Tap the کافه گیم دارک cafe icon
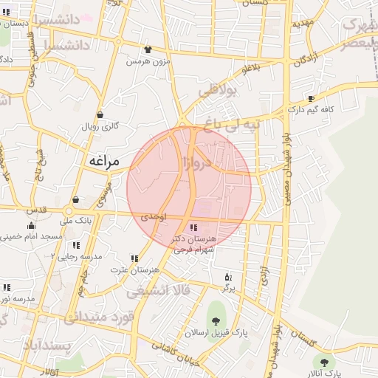[311, 98]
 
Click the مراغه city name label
[103, 160]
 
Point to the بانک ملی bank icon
[75, 200]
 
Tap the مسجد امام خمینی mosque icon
[31, 226]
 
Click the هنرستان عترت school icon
[134, 258]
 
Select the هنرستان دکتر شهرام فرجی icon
[194, 227]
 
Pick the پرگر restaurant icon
[227, 277]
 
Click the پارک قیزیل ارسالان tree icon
[216, 320]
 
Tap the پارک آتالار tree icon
[324, 362]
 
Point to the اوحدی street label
[154, 217]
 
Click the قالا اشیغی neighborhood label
[158, 290]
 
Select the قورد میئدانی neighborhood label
[97, 317]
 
